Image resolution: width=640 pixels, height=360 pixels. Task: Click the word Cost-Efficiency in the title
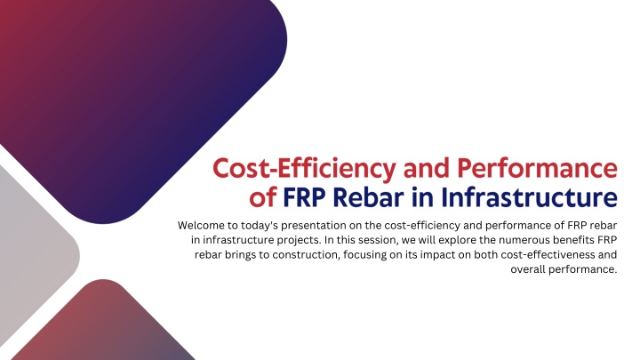pos(304,169)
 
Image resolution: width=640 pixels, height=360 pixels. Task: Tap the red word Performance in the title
pos(537,168)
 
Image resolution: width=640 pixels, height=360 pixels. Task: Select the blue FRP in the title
pos(304,197)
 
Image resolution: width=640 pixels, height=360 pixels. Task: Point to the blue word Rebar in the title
pos(368,197)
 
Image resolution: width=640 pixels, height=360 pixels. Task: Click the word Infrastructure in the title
pos(529,197)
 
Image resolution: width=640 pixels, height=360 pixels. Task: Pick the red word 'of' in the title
pos(263,197)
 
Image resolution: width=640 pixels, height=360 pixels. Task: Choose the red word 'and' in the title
pos(427,168)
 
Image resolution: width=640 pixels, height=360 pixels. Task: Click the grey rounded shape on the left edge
pos(36,253)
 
